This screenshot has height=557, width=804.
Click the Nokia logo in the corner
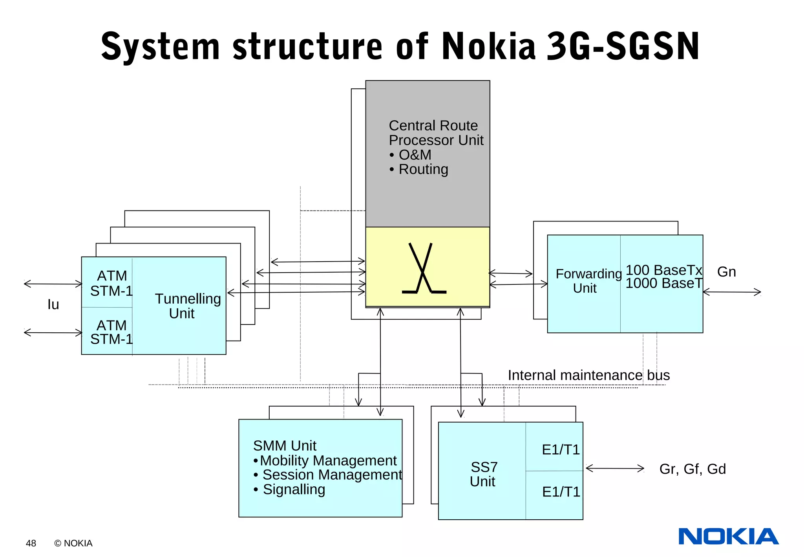728,537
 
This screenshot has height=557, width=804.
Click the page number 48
31,543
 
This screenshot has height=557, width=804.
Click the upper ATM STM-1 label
111,283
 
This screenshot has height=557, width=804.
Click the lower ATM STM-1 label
111,332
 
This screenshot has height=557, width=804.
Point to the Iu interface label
53,304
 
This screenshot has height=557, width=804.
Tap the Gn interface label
726,272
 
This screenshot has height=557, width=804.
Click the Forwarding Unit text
588,281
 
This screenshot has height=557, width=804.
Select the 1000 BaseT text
663,283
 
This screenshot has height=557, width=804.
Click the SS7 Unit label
483,474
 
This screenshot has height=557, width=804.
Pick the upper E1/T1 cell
560,450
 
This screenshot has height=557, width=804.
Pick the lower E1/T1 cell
561,492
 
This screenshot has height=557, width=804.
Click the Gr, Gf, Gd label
692,469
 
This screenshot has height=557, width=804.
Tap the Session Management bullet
328,475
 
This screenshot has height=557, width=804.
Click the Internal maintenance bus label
588,375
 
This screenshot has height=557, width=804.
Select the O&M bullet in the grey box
410,155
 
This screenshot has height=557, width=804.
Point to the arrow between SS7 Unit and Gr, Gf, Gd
614,468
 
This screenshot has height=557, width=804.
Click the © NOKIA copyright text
73,543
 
